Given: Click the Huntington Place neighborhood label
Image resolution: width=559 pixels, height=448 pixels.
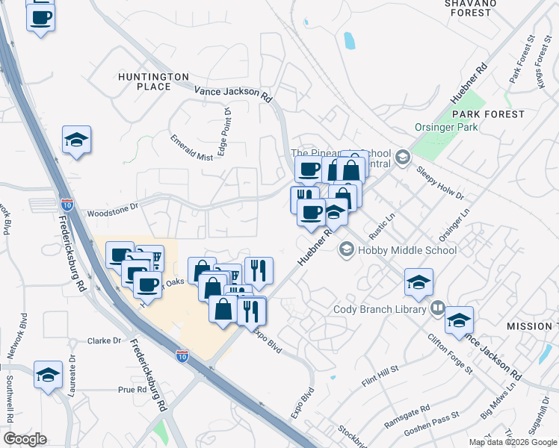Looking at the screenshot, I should click(x=153, y=81).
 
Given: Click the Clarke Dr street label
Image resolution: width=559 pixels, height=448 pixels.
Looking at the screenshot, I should click(x=104, y=340).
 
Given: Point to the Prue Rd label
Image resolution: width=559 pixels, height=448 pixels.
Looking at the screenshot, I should click(x=132, y=390).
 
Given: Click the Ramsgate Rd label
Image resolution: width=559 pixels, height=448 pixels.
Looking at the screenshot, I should click(x=408, y=413).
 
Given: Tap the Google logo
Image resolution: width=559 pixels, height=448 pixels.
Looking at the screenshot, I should click(x=25, y=439).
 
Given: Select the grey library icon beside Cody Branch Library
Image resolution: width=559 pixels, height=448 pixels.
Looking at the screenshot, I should click(x=438, y=308).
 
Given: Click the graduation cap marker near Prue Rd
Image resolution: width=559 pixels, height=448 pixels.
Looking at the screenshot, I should click(x=49, y=375).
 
